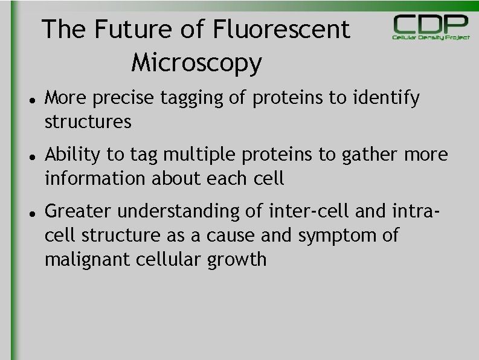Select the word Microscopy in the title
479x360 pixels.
tap(196, 62)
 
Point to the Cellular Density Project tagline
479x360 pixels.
tap(431, 37)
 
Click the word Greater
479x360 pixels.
tap(78, 211)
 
